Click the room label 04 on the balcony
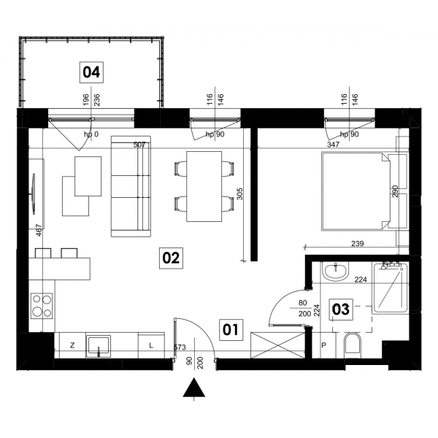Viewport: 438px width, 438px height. pyautogui.click(x=91, y=72)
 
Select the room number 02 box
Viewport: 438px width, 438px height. pyautogui.click(x=171, y=258)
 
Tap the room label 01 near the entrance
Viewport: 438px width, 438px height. pyautogui.click(x=231, y=330)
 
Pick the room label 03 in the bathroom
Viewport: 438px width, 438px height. pyautogui.click(x=341, y=310)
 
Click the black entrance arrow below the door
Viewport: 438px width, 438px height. pyautogui.click(x=194, y=388)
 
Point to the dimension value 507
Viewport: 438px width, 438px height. pyautogui.click(x=139, y=145)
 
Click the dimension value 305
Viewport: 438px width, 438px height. pyautogui.click(x=239, y=193)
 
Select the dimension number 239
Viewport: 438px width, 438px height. pyautogui.click(x=358, y=244)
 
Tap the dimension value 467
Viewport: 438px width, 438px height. pyautogui.click(x=39, y=231)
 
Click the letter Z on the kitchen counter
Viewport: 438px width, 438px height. pyautogui.click(x=72, y=345)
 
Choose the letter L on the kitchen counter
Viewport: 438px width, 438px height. pyautogui.click(x=151, y=345)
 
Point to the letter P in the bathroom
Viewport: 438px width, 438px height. pyautogui.click(x=323, y=345)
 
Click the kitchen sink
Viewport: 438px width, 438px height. pyautogui.click(x=99, y=346)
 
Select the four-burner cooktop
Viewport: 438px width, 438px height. pyautogui.click(x=42, y=306)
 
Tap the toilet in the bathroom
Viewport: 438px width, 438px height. pyautogui.click(x=353, y=345)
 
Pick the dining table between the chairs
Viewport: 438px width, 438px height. pyautogui.click(x=204, y=187)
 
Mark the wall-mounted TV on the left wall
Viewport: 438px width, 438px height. pyautogui.click(x=34, y=194)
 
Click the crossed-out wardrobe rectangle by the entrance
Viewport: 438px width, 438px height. pyautogui.click(x=278, y=345)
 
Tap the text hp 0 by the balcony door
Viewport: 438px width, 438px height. pyautogui.click(x=91, y=134)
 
